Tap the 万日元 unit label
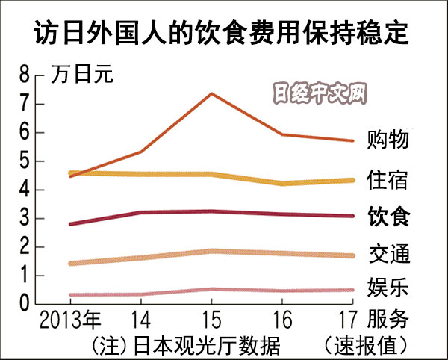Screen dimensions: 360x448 tap(83, 75)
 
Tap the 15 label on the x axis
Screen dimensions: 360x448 tap(212, 321)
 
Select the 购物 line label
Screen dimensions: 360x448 tap(388, 140)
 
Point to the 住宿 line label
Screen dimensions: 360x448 tap(388, 179)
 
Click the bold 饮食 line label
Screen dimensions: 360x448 tap(388, 217)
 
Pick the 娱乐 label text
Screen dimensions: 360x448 tap(388, 287)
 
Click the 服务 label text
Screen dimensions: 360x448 tap(388, 320)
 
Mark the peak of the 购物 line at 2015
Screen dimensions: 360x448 tap(212, 93)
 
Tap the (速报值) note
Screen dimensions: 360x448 tap(366, 345)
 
